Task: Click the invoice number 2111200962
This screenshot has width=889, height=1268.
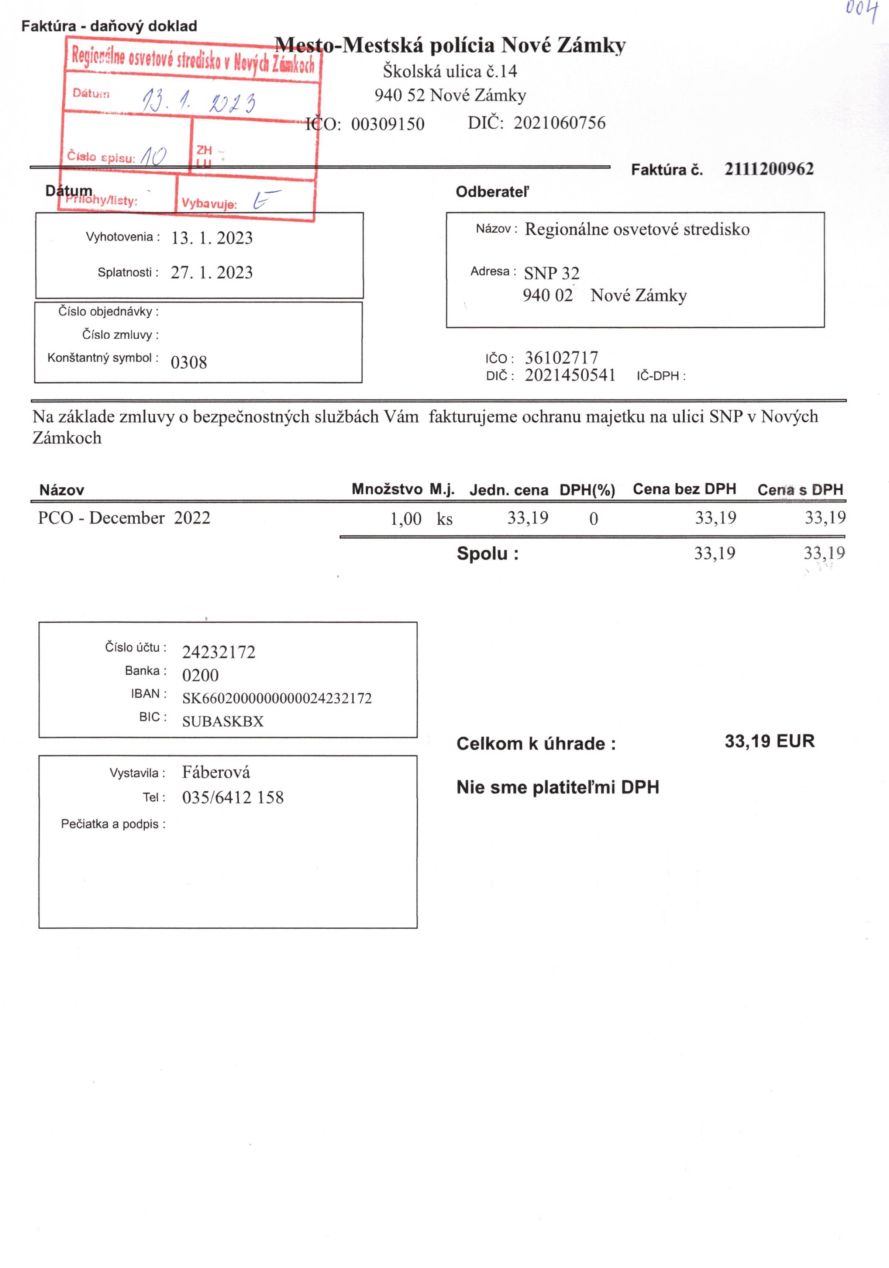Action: [x=769, y=169]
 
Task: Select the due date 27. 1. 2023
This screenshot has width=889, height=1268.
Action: [x=211, y=272]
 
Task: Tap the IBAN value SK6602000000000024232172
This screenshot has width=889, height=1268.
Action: [x=277, y=698]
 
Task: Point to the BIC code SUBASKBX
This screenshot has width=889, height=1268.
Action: [x=223, y=721]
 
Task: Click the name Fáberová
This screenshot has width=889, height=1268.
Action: [x=216, y=772]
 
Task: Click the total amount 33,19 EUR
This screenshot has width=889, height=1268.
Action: [x=769, y=741]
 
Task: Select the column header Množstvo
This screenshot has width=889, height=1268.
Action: [x=387, y=489]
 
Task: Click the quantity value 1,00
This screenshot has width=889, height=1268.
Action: [x=406, y=519]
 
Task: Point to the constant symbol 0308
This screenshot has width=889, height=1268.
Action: [x=189, y=362]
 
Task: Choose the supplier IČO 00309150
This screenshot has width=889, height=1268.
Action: [x=388, y=124]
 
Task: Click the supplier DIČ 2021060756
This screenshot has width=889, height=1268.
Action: [x=559, y=122]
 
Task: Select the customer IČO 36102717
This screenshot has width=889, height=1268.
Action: [x=561, y=357]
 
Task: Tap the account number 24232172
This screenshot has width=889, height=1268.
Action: [x=219, y=652]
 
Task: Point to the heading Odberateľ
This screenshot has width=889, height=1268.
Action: [x=492, y=192]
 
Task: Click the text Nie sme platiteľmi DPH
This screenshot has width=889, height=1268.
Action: [x=558, y=787]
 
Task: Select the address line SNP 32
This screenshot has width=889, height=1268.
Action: [x=551, y=273]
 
